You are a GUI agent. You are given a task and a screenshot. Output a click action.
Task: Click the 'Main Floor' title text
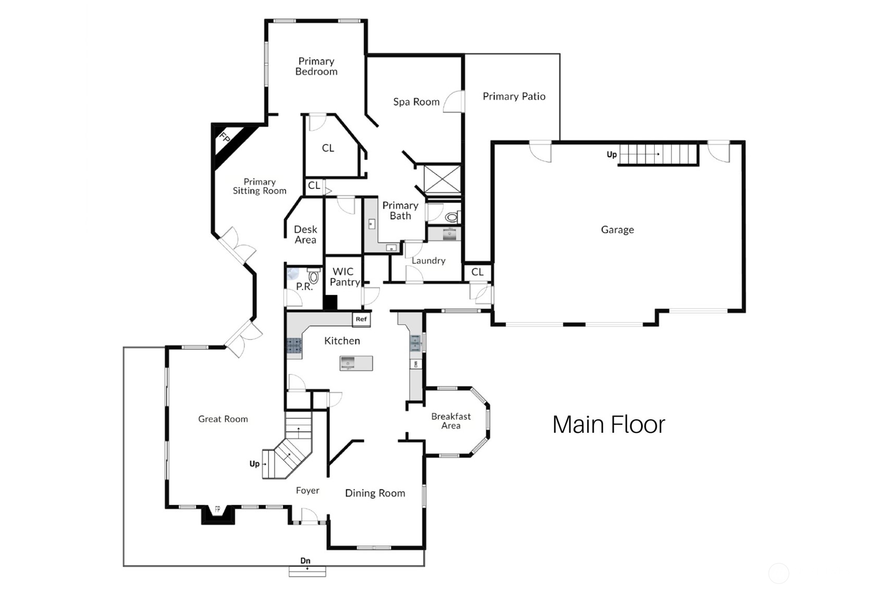click(608, 425)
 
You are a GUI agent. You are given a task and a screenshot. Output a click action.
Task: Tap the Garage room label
click(618, 230)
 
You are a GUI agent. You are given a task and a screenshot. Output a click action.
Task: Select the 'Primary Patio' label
click(514, 96)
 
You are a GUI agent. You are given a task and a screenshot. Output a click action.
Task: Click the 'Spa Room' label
click(416, 102)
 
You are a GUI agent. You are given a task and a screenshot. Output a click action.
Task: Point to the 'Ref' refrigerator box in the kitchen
click(361, 319)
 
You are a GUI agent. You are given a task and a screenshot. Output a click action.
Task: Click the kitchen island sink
click(348, 363)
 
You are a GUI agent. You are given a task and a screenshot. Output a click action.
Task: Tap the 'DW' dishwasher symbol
click(415, 364)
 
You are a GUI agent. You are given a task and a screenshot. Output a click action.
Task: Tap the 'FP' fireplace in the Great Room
click(218, 514)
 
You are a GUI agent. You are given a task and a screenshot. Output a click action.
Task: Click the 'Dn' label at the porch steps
click(305, 560)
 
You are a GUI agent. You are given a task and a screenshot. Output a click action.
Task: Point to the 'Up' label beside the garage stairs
click(611, 155)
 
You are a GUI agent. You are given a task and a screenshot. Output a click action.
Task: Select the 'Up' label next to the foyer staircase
click(254, 464)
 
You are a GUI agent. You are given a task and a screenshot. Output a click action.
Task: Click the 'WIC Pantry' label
click(344, 277)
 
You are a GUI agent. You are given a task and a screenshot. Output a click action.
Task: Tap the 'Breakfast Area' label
click(451, 421)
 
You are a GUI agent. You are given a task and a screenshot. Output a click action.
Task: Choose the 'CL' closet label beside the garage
click(477, 272)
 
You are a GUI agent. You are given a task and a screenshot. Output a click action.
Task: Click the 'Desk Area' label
click(305, 234)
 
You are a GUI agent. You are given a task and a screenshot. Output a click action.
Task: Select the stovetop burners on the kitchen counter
click(295, 346)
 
